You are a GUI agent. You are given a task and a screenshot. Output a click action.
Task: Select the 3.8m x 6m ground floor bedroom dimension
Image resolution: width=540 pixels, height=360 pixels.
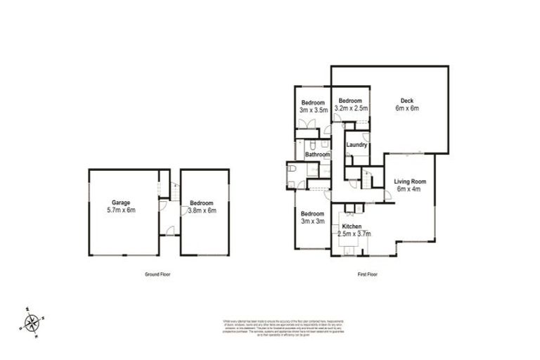tap(202, 210)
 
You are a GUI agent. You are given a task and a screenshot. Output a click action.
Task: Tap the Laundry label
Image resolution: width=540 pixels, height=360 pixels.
tap(357, 145)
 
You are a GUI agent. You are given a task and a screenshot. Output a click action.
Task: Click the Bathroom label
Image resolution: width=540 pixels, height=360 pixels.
tap(317, 154)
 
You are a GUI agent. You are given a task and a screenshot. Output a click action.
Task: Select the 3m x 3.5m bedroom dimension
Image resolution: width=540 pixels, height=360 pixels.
tap(314, 110)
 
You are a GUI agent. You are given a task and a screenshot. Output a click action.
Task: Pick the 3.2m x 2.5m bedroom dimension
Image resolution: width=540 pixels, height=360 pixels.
tap(351, 108)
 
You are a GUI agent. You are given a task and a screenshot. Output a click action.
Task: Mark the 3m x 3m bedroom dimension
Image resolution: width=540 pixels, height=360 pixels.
tap(312, 221)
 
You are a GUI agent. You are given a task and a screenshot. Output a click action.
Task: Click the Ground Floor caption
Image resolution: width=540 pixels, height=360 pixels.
tap(157, 274)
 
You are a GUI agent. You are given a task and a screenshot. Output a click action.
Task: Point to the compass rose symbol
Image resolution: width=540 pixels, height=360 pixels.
tap(31, 322)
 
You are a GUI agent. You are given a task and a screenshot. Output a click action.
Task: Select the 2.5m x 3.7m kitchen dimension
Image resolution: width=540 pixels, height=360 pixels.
tap(354, 234)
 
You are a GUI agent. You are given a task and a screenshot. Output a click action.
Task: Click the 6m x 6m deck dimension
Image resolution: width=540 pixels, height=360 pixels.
tap(406, 108)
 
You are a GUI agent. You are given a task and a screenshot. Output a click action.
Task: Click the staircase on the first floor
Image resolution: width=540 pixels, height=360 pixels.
tap(366, 182)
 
